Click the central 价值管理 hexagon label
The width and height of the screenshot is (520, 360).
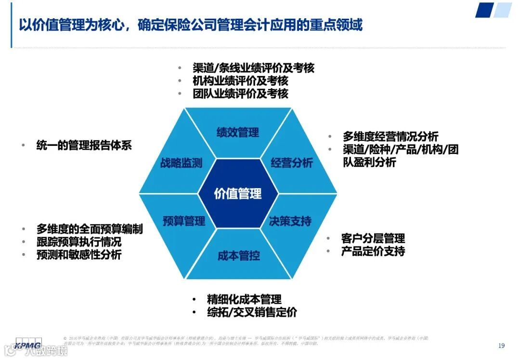click(x=238, y=193)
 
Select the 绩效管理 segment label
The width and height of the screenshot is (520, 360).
click(x=238, y=132)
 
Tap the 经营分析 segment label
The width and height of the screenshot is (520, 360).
click(x=292, y=163)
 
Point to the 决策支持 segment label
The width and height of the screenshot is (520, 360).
click(x=290, y=221)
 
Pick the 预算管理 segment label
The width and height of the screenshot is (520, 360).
click(x=184, y=221)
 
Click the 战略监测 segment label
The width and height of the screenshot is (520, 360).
click(x=182, y=163)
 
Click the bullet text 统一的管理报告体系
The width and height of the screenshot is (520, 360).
click(x=84, y=145)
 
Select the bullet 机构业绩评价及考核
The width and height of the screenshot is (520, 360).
click(x=240, y=81)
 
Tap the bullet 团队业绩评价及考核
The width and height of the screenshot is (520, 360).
click(x=240, y=93)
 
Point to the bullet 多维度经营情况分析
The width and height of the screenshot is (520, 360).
click(x=390, y=137)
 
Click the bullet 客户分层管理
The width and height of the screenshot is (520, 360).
click(x=373, y=238)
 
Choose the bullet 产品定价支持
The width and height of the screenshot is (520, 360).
click(x=373, y=251)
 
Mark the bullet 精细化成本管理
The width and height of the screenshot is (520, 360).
click(x=244, y=299)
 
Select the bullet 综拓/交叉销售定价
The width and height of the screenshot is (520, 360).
click(x=252, y=312)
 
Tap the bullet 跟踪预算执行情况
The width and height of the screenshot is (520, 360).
click(x=78, y=242)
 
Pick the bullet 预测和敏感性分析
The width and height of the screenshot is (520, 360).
click(x=78, y=255)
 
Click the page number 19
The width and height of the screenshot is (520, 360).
click(x=501, y=346)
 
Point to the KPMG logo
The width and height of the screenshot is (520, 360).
click(x=28, y=344)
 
